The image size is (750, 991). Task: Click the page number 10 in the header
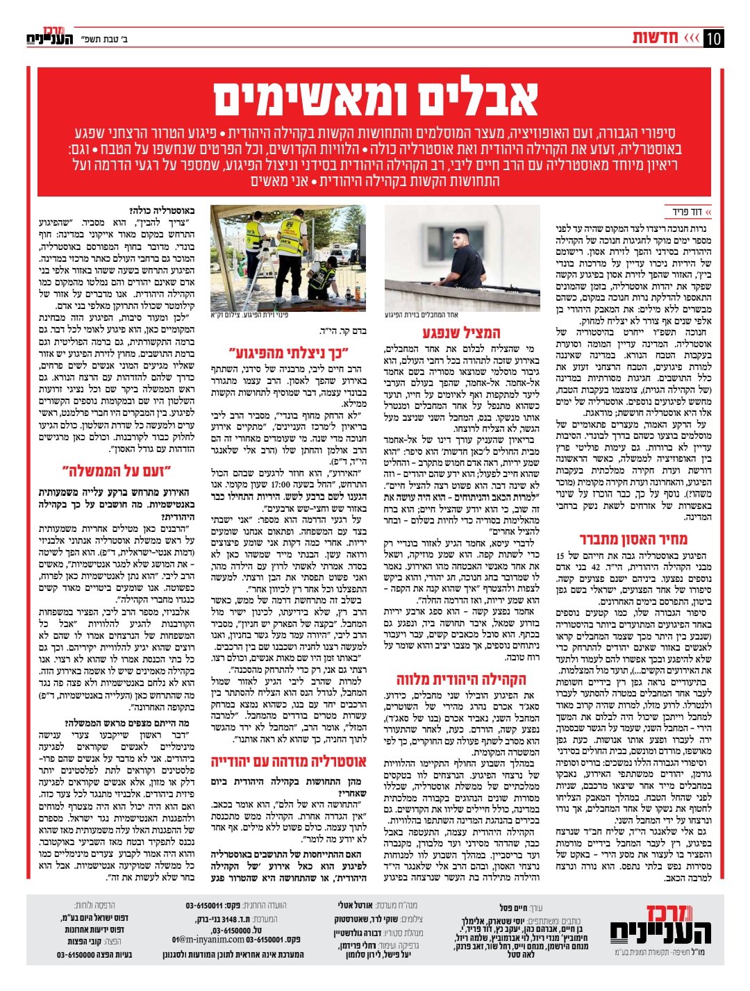coord(713,38)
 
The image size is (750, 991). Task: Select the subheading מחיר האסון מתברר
coord(633,539)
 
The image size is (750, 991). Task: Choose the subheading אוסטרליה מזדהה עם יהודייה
coord(289,762)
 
